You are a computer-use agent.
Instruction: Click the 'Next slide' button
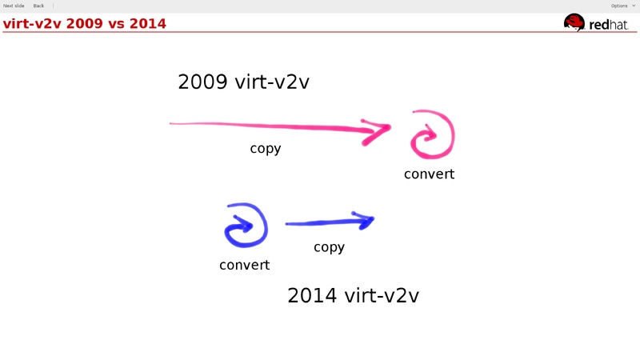pos(14,6)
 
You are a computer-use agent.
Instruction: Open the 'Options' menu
pos(618,6)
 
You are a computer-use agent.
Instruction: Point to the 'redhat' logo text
pos(610,25)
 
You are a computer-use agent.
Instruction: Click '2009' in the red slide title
pos(84,23)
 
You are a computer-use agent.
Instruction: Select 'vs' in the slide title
pos(118,23)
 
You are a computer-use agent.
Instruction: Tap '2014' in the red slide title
pos(149,23)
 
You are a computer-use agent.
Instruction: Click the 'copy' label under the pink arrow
pos(266,149)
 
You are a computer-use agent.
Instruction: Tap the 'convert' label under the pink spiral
pos(429,174)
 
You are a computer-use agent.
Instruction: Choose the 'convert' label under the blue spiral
pos(244,265)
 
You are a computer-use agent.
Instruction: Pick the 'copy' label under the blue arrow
pos(329,247)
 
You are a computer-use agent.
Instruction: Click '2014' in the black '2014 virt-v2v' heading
pos(312,295)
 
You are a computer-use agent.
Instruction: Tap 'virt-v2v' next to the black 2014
pos(382,295)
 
